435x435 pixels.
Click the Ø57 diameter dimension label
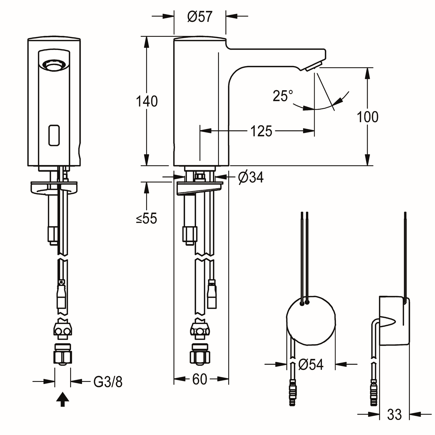click(200, 17)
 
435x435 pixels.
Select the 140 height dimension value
click(147, 101)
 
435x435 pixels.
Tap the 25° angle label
click(283, 96)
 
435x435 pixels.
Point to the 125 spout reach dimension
click(261, 131)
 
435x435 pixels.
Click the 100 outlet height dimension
click(367, 117)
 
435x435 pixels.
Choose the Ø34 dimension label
click(251, 177)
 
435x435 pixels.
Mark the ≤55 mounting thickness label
click(146, 218)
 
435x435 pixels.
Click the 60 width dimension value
click(200, 379)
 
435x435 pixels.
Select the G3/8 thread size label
click(108, 382)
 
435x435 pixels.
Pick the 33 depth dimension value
click(394, 415)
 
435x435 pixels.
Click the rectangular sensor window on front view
click(54, 135)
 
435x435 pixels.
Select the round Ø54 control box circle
click(311, 321)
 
